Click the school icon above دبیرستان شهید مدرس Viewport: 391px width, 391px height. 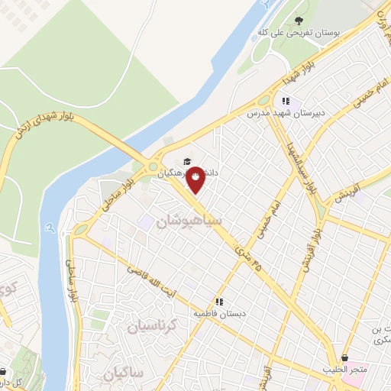coord(286,101)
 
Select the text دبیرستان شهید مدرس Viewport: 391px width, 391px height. coord(283,113)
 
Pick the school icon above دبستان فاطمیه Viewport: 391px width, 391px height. coord(220,302)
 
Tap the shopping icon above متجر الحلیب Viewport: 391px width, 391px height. coord(345,357)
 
